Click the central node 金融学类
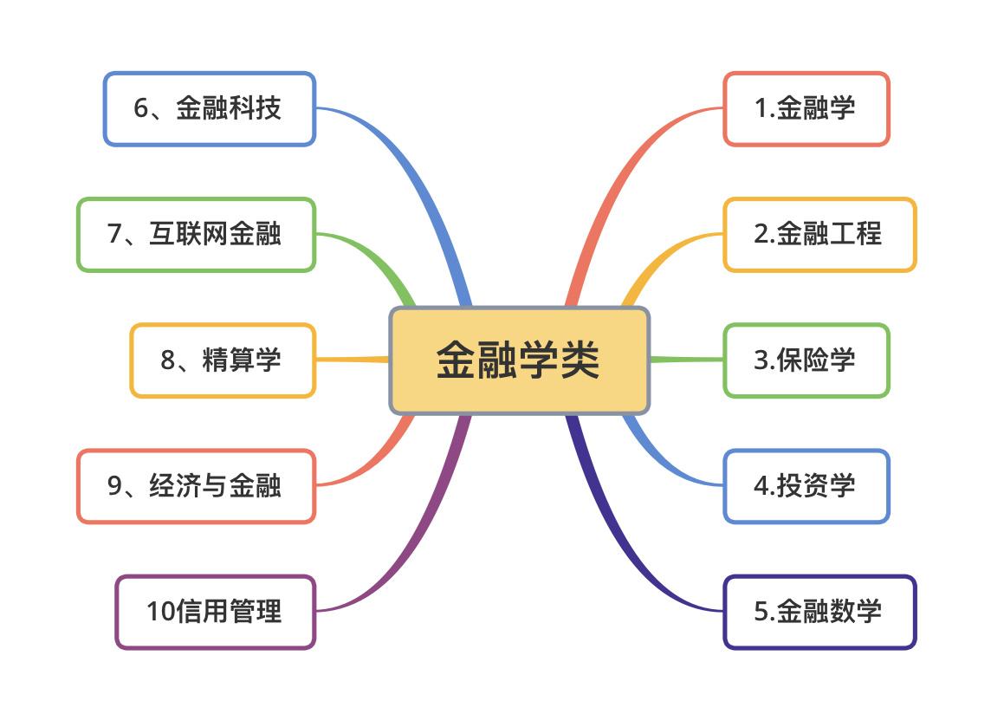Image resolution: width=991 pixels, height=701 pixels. click(520, 360)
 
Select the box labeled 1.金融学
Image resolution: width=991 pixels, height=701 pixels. click(806, 108)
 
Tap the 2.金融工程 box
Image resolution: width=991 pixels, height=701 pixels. click(819, 235)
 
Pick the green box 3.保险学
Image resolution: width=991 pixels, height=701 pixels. click(806, 360)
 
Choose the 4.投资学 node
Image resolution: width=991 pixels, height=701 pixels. click(806, 486)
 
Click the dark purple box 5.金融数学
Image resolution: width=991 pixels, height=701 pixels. click(819, 612)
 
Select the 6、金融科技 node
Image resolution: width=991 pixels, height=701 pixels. click(209, 108)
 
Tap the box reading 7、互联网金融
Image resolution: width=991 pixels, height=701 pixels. click(196, 235)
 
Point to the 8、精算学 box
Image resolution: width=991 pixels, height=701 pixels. click(223, 360)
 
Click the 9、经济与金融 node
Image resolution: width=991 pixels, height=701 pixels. click(196, 486)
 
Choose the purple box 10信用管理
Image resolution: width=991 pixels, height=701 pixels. click(215, 612)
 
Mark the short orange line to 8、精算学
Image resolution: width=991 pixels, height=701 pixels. click(352, 360)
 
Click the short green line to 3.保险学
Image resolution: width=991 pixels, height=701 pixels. click(686, 360)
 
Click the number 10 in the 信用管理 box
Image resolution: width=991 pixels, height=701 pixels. click(160, 612)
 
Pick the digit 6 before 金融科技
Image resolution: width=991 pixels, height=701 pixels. click(141, 108)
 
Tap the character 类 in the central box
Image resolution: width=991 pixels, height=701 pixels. click(580, 360)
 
